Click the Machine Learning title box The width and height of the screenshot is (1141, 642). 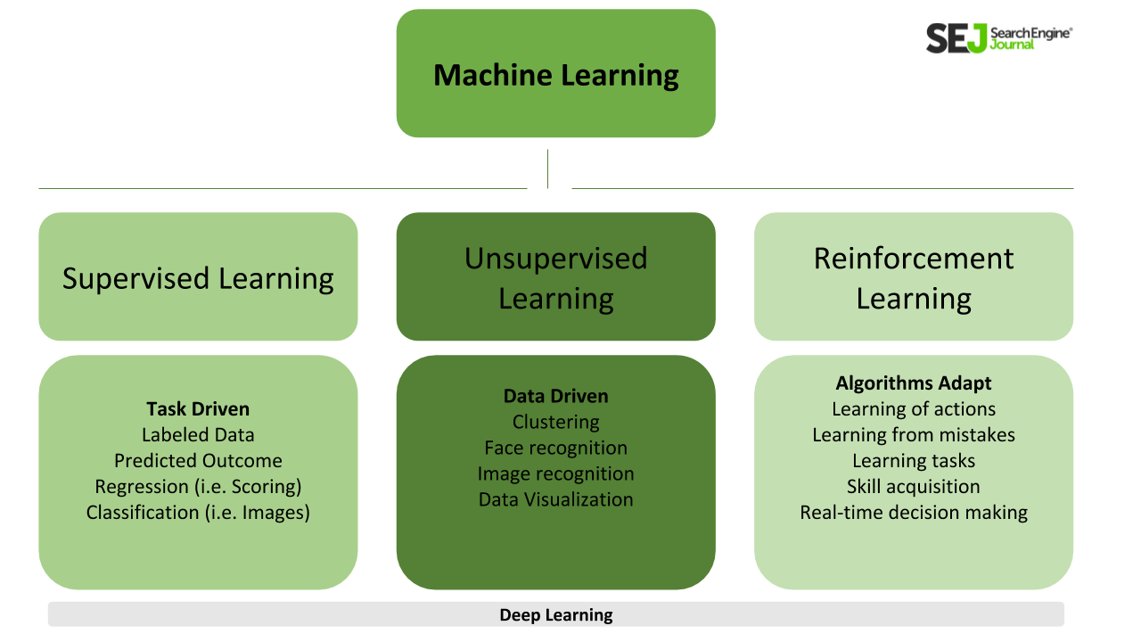pyautogui.click(x=555, y=74)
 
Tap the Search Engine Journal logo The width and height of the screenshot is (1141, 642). pyautogui.click(x=998, y=38)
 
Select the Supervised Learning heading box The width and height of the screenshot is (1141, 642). pyautogui.click(x=198, y=277)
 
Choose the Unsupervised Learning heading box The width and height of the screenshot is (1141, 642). pyautogui.click(x=555, y=277)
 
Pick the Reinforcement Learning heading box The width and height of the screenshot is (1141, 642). pyautogui.click(x=914, y=277)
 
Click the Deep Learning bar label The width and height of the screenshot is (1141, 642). pyautogui.click(x=555, y=614)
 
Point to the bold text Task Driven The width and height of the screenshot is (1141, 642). pyautogui.click(x=198, y=409)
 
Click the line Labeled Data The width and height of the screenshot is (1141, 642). pyautogui.click(x=198, y=435)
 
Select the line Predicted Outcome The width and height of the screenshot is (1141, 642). pyautogui.click(x=198, y=461)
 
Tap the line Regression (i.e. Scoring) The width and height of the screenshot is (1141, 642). pyautogui.click(x=198, y=487)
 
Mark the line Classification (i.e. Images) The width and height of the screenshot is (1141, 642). pyautogui.click(x=198, y=513)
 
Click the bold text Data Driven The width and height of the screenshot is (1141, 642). pyautogui.click(x=555, y=397)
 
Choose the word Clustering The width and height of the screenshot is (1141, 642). pyautogui.click(x=555, y=423)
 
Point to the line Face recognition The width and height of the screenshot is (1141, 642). pyautogui.click(x=555, y=449)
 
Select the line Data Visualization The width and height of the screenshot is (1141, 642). pyautogui.click(x=555, y=500)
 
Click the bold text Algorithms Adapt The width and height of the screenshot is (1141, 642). pyautogui.click(x=914, y=383)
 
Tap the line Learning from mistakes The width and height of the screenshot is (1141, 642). pyautogui.click(x=914, y=435)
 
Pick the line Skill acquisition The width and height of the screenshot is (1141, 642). pyautogui.click(x=914, y=487)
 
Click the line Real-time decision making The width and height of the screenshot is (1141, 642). pyautogui.click(x=914, y=513)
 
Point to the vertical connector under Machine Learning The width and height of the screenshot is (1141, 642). pyautogui.click(x=547, y=169)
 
